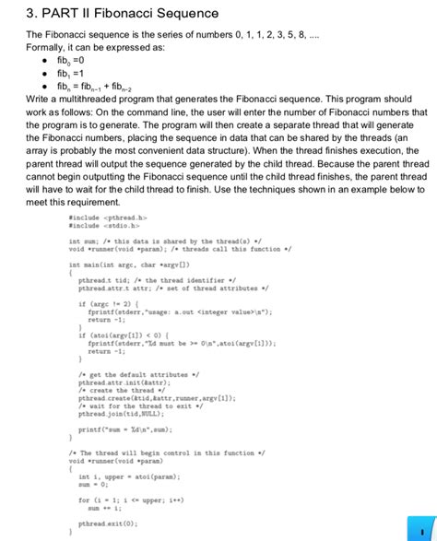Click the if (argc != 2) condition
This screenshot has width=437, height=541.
click(x=109, y=302)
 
